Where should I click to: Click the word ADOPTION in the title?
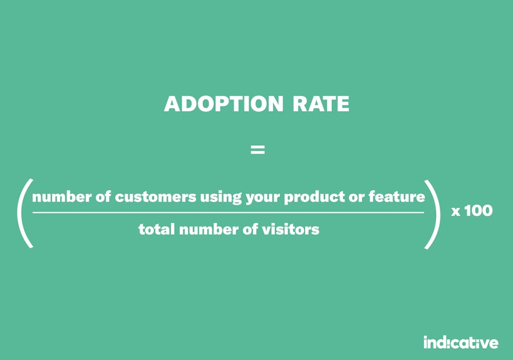point(224,104)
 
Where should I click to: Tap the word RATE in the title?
point(321,104)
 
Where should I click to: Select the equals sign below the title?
point(257,150)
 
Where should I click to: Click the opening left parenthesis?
point(23,213)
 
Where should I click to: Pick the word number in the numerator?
point(61,197)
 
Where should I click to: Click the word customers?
point(155,197)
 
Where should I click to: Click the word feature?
point(397,197)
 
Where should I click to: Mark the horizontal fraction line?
point(228,212)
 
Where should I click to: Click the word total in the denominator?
point(157,229)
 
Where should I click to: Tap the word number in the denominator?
point(209,229)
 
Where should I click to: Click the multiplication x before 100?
point(455,212)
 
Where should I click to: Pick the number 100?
point(479,210)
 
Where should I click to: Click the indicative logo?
point(461,342)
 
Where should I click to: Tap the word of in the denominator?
point(251,229)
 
